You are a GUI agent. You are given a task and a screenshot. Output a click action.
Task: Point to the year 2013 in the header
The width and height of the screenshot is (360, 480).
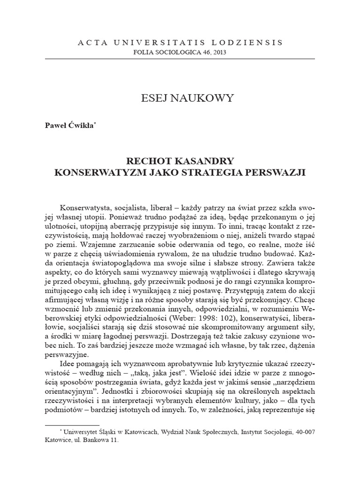[x=218, y=52]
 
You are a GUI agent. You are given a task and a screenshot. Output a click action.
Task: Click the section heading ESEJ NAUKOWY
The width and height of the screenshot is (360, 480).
[x=180, y=98]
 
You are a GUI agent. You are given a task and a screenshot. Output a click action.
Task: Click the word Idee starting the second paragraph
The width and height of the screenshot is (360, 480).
[x=69, y=364]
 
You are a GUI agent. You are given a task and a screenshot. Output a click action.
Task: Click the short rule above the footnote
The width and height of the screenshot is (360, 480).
[x=67, y=425]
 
